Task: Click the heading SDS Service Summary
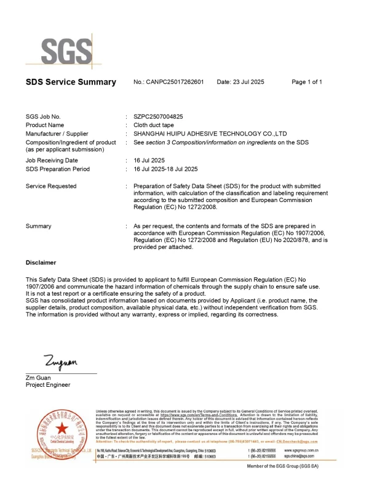click(x=71, y=82)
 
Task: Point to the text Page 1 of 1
click(x=306, y=82)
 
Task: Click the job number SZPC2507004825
click(x=158, y=116)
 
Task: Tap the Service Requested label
click(x=51, y=186)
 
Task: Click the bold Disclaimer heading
click(x=41, y=262)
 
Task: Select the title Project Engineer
click(x=48, y=385)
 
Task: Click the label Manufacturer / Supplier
click(x=57, y=134)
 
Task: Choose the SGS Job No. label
click(x=43, y=116)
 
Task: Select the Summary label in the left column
click(x=39, y=226)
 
